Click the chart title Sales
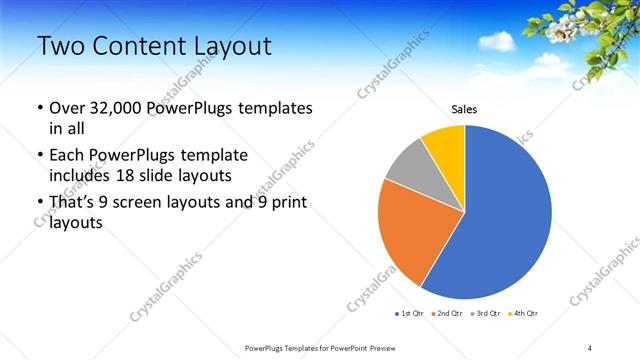tap(464, 108)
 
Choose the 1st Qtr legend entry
tap(410, 315)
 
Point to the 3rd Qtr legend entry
tap(484, 315)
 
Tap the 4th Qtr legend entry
tap(522, 315)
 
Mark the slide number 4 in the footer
tap(590, 347)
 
